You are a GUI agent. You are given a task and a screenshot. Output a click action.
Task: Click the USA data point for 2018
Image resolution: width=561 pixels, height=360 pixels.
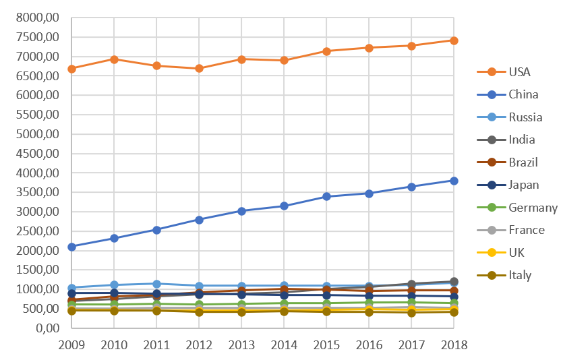coord(454,40)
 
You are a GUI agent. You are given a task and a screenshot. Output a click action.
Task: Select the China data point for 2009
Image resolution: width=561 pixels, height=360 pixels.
coord(71,247)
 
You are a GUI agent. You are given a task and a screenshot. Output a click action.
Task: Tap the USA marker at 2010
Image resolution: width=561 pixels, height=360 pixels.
coord(114,59)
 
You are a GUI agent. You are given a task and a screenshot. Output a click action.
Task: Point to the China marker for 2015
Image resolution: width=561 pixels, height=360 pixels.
coord(326,196)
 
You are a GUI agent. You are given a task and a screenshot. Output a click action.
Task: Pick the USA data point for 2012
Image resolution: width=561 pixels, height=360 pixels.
coord(199,68)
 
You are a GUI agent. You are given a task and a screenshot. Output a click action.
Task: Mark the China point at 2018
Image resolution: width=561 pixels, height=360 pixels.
coord(454,181)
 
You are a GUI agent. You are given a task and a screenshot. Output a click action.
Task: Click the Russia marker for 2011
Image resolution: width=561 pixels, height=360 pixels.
coord(156,284)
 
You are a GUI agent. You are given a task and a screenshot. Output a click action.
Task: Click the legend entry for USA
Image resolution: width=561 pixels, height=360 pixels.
coord(519,71)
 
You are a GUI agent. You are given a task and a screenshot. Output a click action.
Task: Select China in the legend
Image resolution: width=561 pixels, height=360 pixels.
coord(523,94)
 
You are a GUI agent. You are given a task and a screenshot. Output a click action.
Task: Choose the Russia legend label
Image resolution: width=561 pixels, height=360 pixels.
coord(525,117)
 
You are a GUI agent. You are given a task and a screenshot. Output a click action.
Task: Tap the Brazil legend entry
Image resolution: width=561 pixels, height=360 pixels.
coord(524,162)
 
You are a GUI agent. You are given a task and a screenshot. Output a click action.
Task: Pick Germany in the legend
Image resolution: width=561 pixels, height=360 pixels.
coord(533,207)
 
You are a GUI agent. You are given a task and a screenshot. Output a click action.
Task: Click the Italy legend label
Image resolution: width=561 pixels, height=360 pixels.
coord(520,275)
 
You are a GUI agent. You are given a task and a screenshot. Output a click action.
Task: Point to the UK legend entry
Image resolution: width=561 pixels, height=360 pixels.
coord(516,252)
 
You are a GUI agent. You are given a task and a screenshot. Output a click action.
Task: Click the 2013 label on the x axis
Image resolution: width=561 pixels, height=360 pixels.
coord(241,344)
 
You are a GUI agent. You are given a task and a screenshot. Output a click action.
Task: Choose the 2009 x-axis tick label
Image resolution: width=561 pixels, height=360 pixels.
coord(71,344)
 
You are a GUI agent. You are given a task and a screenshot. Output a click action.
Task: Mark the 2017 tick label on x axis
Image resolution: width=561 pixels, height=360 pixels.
coord(411,344)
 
